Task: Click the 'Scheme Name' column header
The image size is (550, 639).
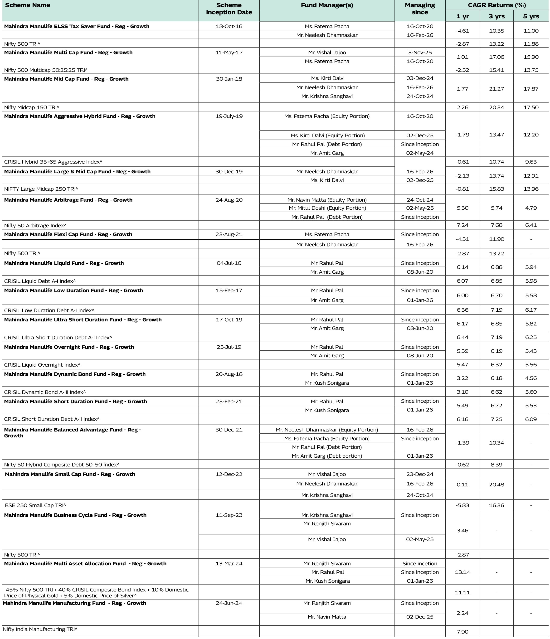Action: pos(27,5)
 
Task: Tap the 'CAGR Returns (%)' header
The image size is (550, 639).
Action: pos(497,5)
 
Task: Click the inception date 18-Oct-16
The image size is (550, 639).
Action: pos(229,26)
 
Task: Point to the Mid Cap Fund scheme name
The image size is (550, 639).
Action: pos(66,79)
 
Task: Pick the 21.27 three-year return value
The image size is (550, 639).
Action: pos(496,89)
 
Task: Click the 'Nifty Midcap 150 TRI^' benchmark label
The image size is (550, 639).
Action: pos(31,107)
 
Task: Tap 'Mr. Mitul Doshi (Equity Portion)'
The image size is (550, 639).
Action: pos(327,208)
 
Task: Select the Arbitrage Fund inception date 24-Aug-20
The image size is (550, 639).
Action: pos(229,200)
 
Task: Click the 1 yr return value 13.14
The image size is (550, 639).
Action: pos(462,572)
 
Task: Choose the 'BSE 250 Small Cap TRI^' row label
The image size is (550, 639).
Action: pos(35,505)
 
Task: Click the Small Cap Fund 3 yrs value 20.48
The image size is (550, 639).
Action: pos(496,484)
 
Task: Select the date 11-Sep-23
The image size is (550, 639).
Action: pos(229,515)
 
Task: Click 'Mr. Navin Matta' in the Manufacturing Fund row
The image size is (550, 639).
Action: pos(327,617)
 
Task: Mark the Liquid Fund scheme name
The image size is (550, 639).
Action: pos(64,263)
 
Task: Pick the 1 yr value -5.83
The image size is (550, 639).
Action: pos(462,505)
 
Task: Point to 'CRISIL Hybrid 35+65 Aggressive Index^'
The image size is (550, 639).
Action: pos(53,162)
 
